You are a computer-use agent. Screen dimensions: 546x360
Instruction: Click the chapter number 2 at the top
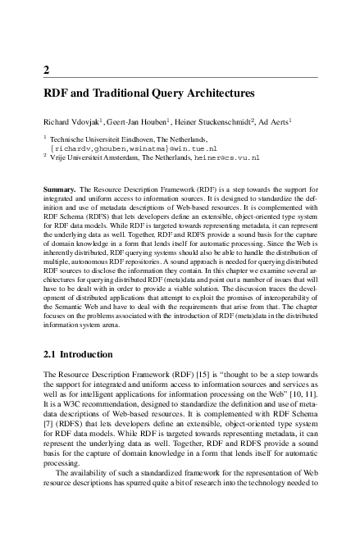click(46, 68)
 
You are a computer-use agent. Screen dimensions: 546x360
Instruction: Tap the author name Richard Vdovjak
click(71, 120)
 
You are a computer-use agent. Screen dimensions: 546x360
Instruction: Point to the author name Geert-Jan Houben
click(134, 120)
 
